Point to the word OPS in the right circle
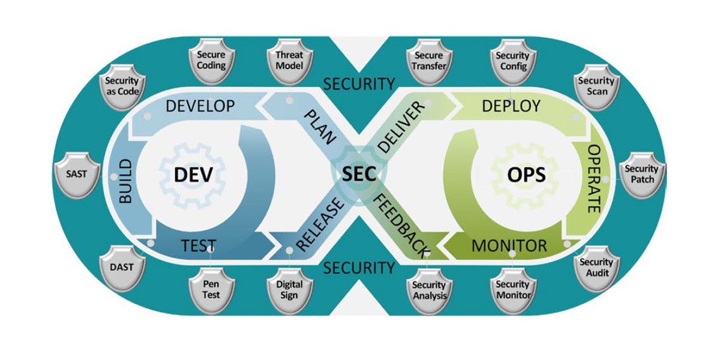coord(526,175)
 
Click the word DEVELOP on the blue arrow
coord(200,107)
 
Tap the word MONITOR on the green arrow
coord(509,245)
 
